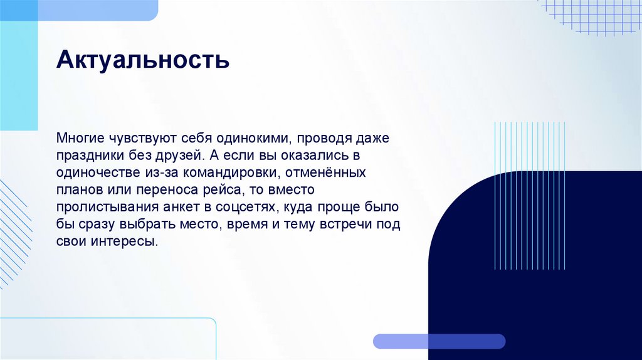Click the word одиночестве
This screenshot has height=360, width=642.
click(x=93, y=172)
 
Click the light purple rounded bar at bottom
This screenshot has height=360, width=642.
click(x=439, y=341)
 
